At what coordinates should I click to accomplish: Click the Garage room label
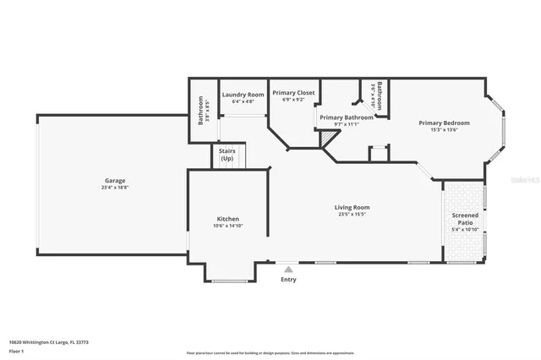click(x=115, y=180)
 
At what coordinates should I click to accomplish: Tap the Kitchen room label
click(x=227, y=218)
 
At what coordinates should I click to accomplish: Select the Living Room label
click(x=352, y=206)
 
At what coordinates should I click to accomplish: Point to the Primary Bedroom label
click(x=444, y=123)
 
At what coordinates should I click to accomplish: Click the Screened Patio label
click(x=465, y=219)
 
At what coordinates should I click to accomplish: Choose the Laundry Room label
click(x=243, y=94)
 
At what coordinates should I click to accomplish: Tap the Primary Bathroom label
click(x=347, y=117)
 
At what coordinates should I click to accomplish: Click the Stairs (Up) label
click(x=227, y=155)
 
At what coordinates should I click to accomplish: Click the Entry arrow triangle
click(x=288, y=269)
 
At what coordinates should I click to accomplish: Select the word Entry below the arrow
click(x=288, y=280)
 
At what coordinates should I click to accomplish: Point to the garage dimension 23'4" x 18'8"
click(x=115, y=187)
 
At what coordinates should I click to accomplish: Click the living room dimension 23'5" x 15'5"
click(x=352, y=214)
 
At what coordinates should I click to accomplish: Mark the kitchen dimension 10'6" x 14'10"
click(x=227, y=226)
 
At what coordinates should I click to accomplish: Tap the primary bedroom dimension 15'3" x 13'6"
click(x=444, y=130)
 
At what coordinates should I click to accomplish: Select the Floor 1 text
click(x=16, y=350)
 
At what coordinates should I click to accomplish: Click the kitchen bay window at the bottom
click(x=227, y=280)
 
